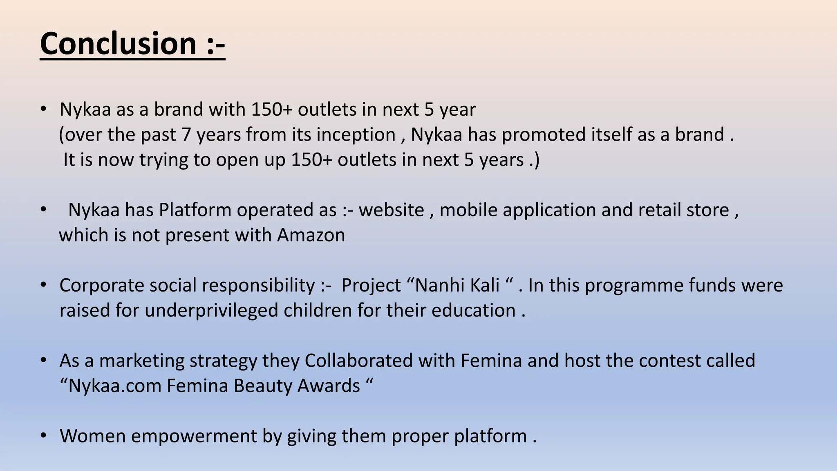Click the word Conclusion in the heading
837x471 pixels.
[x=119, y=44]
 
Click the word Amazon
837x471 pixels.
[x=311, y=235]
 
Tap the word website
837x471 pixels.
[x=391, y=210]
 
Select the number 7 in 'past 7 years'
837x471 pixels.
[x=186, y=135]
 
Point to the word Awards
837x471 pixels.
[x=329, y=386]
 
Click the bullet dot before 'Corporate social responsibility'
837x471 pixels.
[x=43, y=285]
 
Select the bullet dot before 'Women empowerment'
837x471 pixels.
[x=43, y=435]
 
